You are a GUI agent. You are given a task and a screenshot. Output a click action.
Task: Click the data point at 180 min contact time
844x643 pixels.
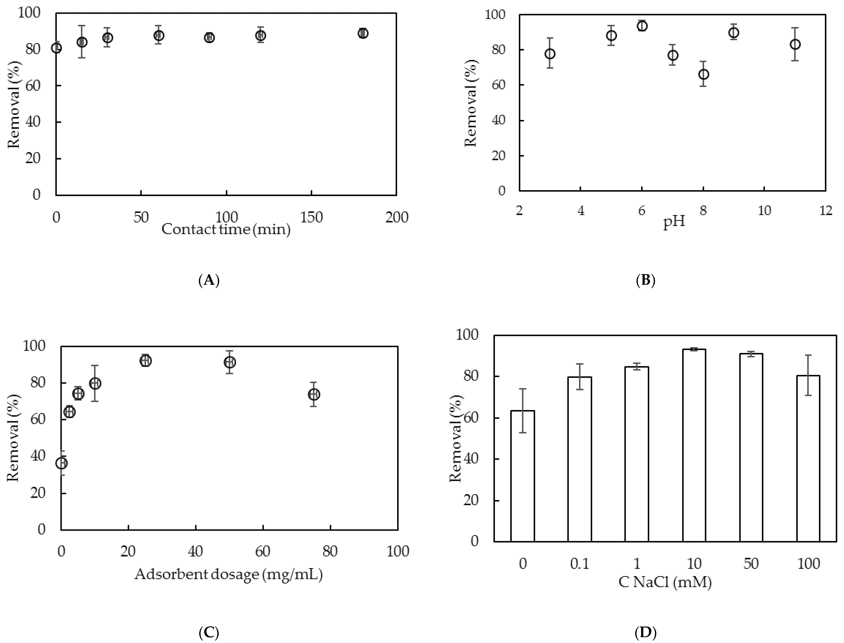click(363, 33)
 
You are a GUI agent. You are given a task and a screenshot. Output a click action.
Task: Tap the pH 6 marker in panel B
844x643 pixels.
click(642, 26)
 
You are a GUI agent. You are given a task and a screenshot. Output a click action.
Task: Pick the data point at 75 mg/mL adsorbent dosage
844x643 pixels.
click(314, 394)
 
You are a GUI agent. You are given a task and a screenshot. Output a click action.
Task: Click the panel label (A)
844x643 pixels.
click(209, 280)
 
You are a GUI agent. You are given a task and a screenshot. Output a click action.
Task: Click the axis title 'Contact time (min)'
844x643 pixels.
click(226, 229)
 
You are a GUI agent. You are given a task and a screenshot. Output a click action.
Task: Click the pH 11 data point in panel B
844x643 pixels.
click(795, 44)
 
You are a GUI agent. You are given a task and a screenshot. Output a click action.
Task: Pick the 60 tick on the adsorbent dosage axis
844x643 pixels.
click(263, 551)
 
